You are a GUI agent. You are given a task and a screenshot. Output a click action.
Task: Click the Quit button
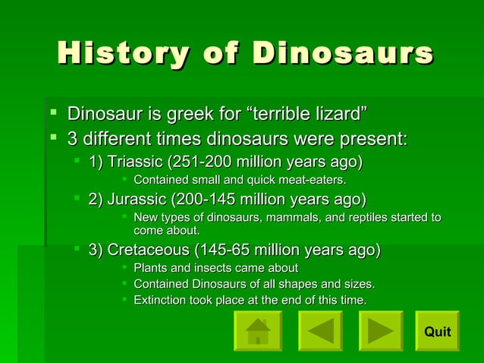[x=437, y=331]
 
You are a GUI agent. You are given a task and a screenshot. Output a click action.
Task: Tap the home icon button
[x=258, y=331]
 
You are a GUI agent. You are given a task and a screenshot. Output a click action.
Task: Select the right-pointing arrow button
[x=380, y=331]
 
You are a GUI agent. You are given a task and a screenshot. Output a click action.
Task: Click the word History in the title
[x=124, y=54]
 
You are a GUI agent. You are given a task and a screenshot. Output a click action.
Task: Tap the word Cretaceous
[x=148, y=250]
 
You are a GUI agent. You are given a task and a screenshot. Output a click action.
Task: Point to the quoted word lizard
[x=339, y=115]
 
